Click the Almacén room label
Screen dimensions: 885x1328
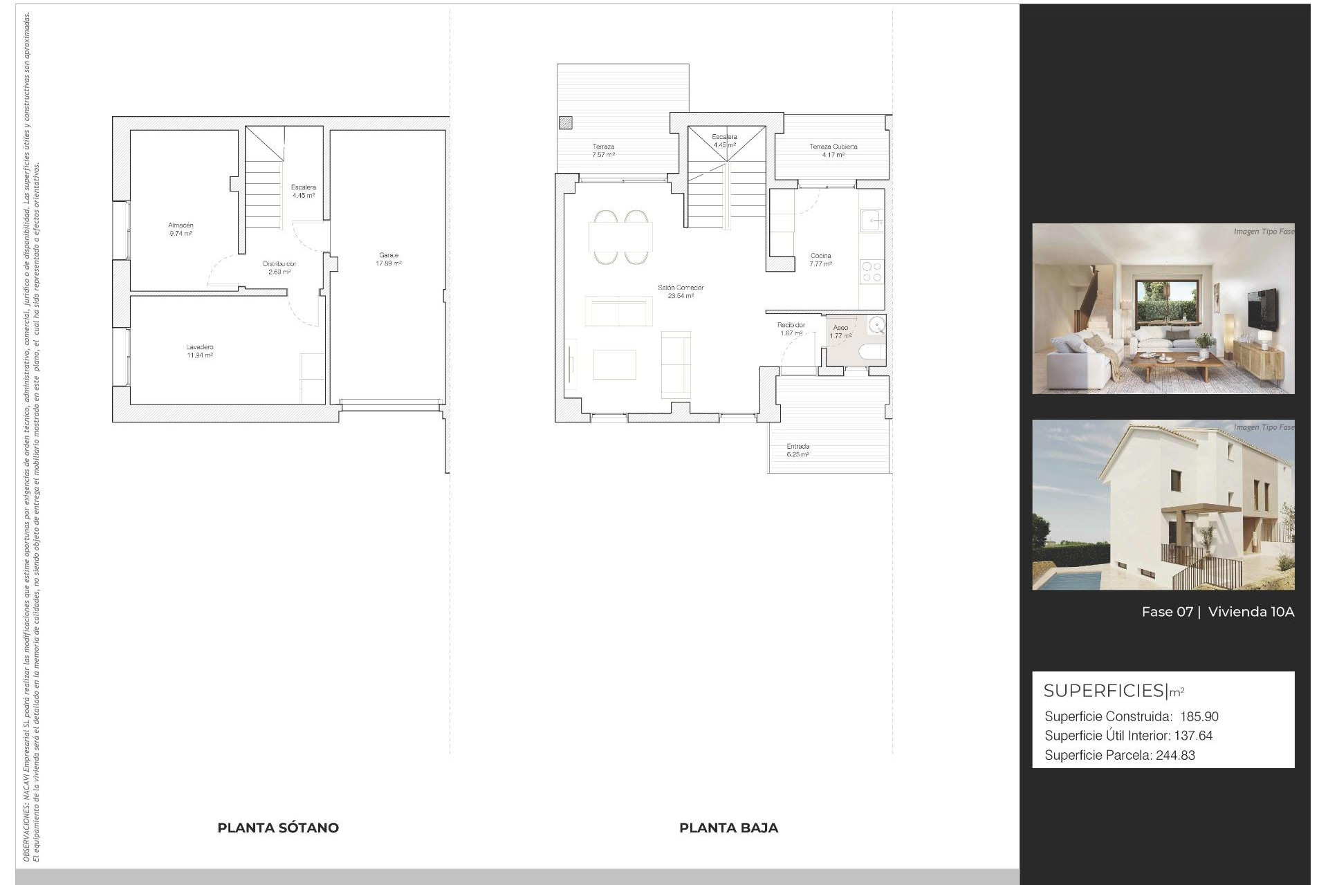(181, 225)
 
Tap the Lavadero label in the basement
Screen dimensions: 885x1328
(200, 347)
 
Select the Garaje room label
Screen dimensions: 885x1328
(389, 256)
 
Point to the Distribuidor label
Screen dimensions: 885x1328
(279, 264)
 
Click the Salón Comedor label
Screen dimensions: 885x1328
(681, 288)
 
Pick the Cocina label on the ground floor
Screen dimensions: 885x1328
(821, 256)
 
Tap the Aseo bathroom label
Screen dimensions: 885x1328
(840, 328)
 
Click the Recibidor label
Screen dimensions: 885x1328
(791, 325)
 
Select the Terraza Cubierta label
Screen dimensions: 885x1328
(833, 147)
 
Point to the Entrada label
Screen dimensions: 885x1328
(798, 447)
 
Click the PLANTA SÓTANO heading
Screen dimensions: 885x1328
(278, 828)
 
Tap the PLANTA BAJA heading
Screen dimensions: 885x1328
(728, 828)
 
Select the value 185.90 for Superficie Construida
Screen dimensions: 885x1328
(1199, 717)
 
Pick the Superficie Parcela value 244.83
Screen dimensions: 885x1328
(1175, 756)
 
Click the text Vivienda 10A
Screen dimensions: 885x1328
(1251, 612)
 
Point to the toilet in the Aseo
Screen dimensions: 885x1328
(871, 352)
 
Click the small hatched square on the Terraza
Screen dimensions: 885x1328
(566, 123)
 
